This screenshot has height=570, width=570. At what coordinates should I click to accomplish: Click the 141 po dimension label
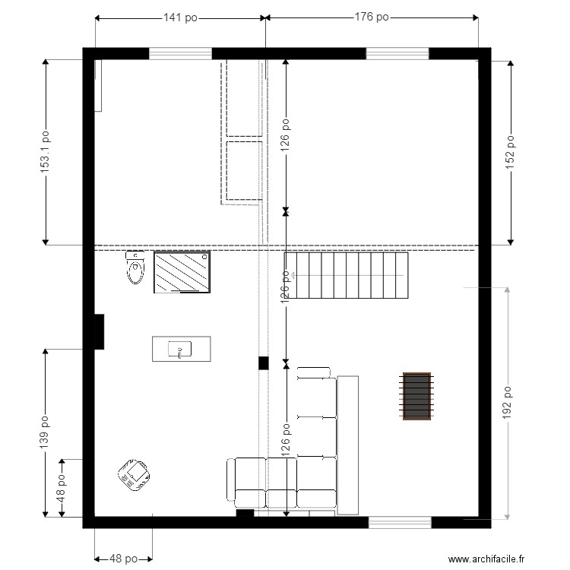(x=180, y=17)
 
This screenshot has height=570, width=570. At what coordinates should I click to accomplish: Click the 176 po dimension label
(x=372, y=17)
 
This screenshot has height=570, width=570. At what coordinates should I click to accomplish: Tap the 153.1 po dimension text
(x=45, y=152)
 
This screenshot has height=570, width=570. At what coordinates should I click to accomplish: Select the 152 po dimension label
(x=510, y=152)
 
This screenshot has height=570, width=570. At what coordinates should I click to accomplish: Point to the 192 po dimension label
(x=507, y=403)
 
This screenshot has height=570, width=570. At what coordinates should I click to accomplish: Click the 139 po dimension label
(x=44, y=432)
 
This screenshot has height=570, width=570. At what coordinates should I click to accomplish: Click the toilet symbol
(x=135, y=268)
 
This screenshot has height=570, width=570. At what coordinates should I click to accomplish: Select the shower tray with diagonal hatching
(x=182, y=271)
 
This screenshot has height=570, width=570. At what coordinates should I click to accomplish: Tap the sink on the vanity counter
(x=179, y=350)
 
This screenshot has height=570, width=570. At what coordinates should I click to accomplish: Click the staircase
(x=346, y=275)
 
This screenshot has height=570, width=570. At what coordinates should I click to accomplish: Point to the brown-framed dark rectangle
(x=416, y=396)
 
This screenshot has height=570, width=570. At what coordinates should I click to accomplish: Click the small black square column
(x=264, y=363)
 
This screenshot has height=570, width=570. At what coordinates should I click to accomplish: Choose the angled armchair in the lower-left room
(x=134, y=475)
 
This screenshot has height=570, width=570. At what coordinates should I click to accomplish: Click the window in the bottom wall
(x=400, y=522)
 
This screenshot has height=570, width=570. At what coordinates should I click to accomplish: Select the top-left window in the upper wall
(x=180, y=54)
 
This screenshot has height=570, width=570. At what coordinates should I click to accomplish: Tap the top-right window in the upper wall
(x=397, y=54)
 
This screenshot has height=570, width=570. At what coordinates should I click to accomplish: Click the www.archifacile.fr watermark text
(x=486, y=559)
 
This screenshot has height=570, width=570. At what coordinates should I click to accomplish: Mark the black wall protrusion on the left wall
(x=100, y=332)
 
